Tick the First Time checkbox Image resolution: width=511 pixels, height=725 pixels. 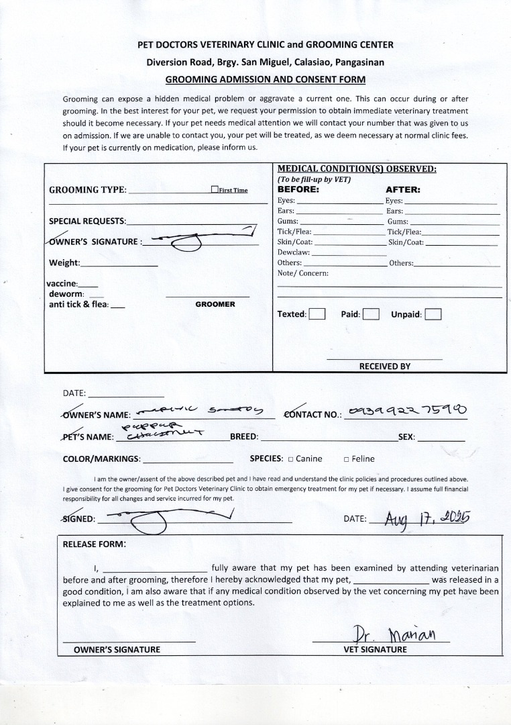215,190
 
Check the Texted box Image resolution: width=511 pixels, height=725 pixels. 317,314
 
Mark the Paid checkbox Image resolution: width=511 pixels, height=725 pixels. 371,314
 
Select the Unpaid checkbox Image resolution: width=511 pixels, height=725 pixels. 433,314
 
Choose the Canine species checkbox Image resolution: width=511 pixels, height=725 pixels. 290,459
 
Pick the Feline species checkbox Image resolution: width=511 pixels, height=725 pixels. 346,459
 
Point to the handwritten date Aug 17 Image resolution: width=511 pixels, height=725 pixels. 427,518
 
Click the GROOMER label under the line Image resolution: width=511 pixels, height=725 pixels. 215,304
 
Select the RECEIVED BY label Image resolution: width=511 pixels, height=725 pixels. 385,367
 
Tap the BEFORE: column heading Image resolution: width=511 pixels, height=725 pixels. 298,189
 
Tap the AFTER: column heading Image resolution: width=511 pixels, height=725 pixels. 402,189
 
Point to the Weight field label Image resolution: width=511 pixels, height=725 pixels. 64,262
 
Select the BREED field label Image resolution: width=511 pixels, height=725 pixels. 244,436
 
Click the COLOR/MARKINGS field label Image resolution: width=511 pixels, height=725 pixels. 101,459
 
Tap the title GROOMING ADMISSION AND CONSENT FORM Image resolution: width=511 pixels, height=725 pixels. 265,79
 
